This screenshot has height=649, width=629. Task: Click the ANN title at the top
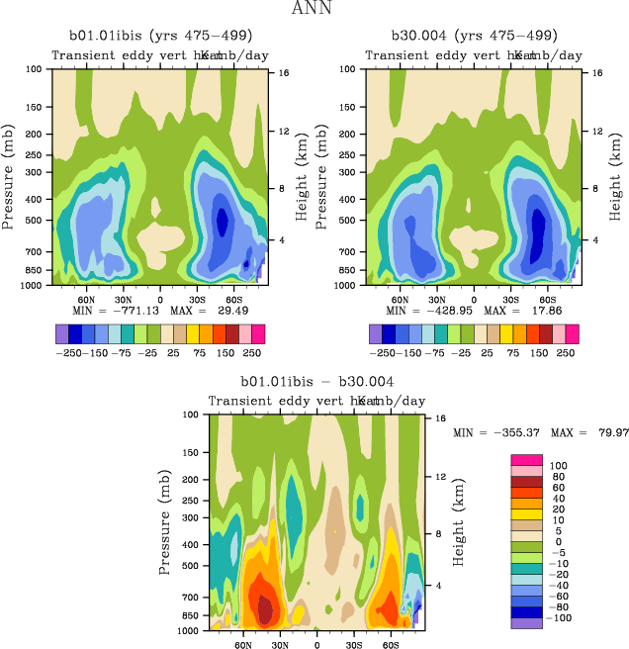coord(314,9)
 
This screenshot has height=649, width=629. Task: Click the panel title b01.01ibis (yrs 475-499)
coord(160,36)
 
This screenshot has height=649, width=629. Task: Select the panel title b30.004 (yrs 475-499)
coord(473,36)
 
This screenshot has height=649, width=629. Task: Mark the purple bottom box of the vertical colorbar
coord(526,623)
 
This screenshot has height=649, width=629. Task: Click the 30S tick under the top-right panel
coord(510,298)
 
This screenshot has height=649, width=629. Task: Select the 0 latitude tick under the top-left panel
coord(160,298)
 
